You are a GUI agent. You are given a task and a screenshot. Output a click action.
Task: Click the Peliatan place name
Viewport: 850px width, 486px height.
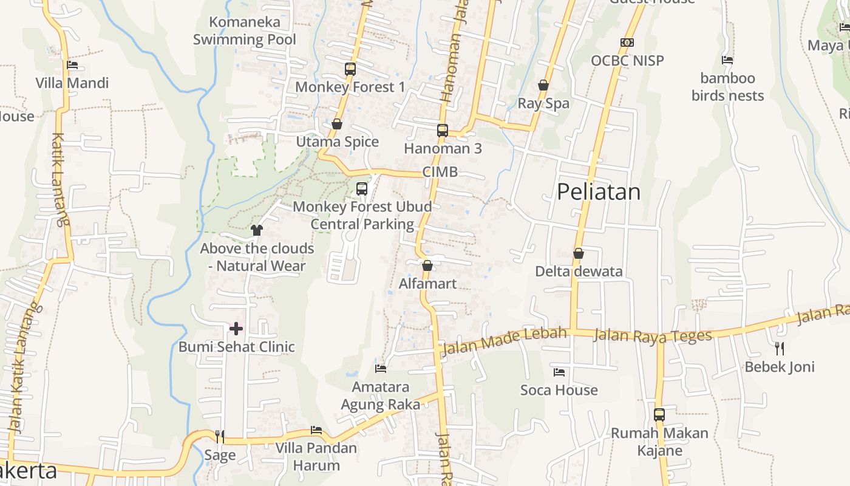599,192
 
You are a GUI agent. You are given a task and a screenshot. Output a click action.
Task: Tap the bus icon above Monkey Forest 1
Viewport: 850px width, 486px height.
350,69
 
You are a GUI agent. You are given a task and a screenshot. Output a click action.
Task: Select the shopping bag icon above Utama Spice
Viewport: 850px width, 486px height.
337,124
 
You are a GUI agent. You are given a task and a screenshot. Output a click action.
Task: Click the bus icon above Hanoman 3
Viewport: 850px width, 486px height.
443,130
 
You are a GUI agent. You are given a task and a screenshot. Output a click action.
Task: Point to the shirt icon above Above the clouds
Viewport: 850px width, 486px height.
257,230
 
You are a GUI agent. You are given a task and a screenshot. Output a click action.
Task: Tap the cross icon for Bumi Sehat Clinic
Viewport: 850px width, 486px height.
236,329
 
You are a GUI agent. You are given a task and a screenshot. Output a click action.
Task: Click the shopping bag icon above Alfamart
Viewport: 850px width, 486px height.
427,265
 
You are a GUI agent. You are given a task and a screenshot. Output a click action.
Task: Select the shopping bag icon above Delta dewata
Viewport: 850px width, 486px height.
579,253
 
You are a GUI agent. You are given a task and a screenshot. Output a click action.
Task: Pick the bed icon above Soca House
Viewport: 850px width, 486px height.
559,372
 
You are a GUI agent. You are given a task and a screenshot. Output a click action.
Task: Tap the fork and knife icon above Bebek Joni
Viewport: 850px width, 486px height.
780,348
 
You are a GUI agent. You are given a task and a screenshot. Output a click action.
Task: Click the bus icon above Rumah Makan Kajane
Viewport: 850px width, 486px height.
659,415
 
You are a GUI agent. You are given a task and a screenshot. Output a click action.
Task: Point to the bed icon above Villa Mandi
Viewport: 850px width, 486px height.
72,65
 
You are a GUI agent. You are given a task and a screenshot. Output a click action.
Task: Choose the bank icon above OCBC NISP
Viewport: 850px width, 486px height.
627,43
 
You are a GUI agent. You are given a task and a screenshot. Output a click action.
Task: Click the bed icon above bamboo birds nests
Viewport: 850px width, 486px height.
727,60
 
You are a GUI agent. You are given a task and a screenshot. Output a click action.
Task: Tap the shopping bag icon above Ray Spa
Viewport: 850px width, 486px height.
543,86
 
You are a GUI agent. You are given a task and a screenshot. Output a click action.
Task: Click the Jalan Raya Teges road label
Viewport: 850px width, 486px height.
653,335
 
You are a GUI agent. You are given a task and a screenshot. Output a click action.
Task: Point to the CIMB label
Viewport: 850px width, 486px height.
440,172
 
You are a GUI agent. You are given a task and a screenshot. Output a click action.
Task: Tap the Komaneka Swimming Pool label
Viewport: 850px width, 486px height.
245,31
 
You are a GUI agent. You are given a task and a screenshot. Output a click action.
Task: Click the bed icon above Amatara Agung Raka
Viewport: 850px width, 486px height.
381,368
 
